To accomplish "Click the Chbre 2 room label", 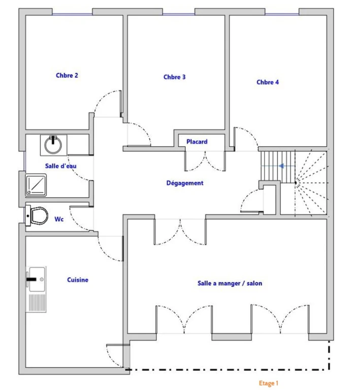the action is pyautogui.click(x=67, y=75).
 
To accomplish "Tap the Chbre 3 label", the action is pyautogui.click(x=175, y=77).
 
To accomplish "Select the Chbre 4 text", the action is pyautogui.click(x=268, y=82).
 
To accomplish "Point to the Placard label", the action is pyautogui.click(x=197, y=142).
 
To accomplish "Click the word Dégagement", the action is pyautogui.click(x=185, y=183).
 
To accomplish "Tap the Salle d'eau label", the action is pyautogui.click(x=60, y=166).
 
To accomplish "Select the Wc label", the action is pyautogui.click(x=59, y=219).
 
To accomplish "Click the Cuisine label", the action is pyautogui.click(x=78, y=280).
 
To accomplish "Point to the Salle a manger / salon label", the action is pyautogui.click(x=230, y=283).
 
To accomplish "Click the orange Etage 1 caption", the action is pyautogui.click(x=269, y=383).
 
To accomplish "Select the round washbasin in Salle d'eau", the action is pyautogui.click(x=53, y=145).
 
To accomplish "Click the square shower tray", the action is pyautogui.click(x=36, y=185).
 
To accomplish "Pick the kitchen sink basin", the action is pyautogui.click(x=37, y=279).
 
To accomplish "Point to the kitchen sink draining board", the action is pyautogui.click(x=37, y=303).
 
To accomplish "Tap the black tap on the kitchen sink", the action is pyautogui.click(x=31, y=279).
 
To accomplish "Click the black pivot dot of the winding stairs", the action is pyautogui.click(x=296, y=183).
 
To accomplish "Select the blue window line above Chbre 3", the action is pyautogui.click(x=179, y=14).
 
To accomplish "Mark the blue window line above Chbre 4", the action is pyautogui.click(x=282, y=14).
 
